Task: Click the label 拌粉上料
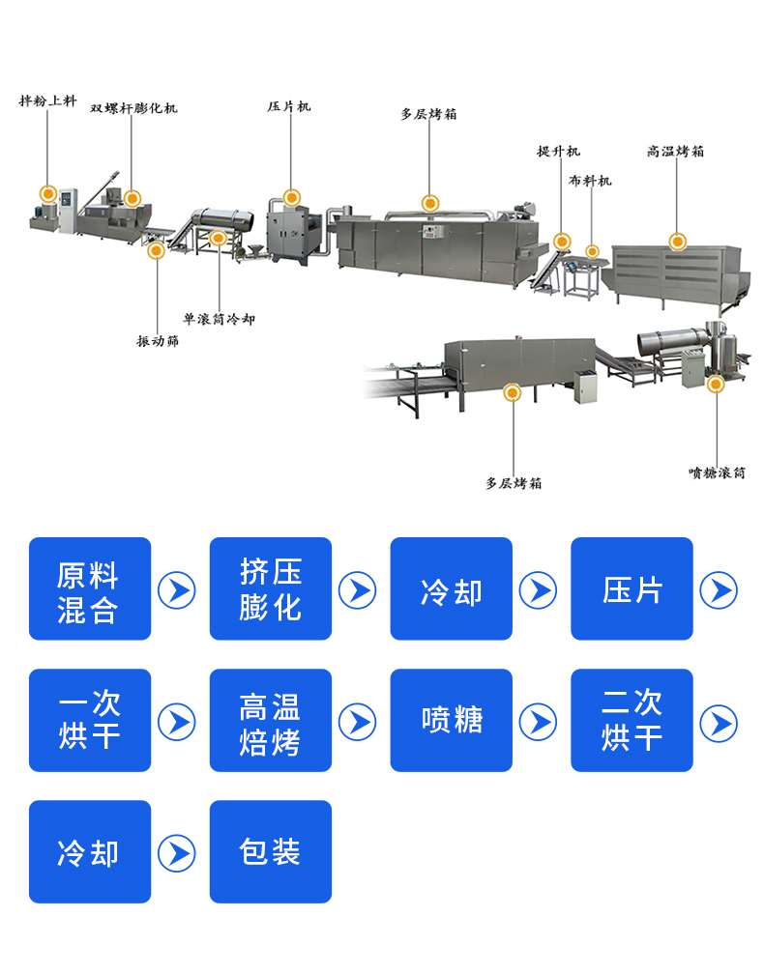47,100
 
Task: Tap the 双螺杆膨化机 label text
133,108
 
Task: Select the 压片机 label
289,106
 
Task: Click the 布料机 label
590,181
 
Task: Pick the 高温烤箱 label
676,152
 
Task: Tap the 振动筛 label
157,341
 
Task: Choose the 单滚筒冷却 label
219,318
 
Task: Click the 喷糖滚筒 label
717,473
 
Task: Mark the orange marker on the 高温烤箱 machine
678,242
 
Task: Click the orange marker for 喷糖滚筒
716,385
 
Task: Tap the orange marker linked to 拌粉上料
47,192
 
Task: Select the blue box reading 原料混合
90,588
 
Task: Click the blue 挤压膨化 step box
271,588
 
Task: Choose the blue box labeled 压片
632,588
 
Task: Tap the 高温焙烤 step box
271,720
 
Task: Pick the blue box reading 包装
271,851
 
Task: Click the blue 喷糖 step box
452,720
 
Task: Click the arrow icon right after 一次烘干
176,721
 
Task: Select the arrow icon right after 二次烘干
719,721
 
